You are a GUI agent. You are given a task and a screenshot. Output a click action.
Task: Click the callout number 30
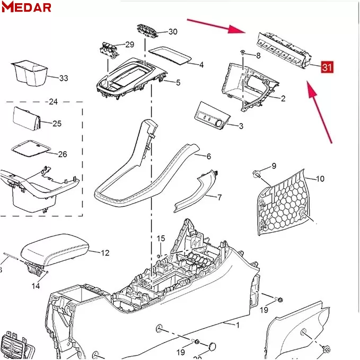172,32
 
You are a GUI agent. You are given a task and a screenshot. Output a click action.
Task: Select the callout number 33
63,78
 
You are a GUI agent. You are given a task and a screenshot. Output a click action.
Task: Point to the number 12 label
104,253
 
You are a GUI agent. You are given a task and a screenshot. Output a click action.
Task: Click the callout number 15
160,238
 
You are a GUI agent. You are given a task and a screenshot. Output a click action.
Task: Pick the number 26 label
62,154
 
